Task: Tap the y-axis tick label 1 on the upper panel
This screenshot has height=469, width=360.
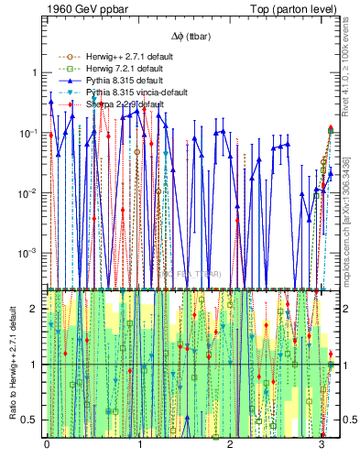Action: click(36, 72)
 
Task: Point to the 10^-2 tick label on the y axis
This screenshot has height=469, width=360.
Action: click(30, 192)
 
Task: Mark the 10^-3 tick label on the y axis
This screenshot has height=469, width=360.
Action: click(30, 252)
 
